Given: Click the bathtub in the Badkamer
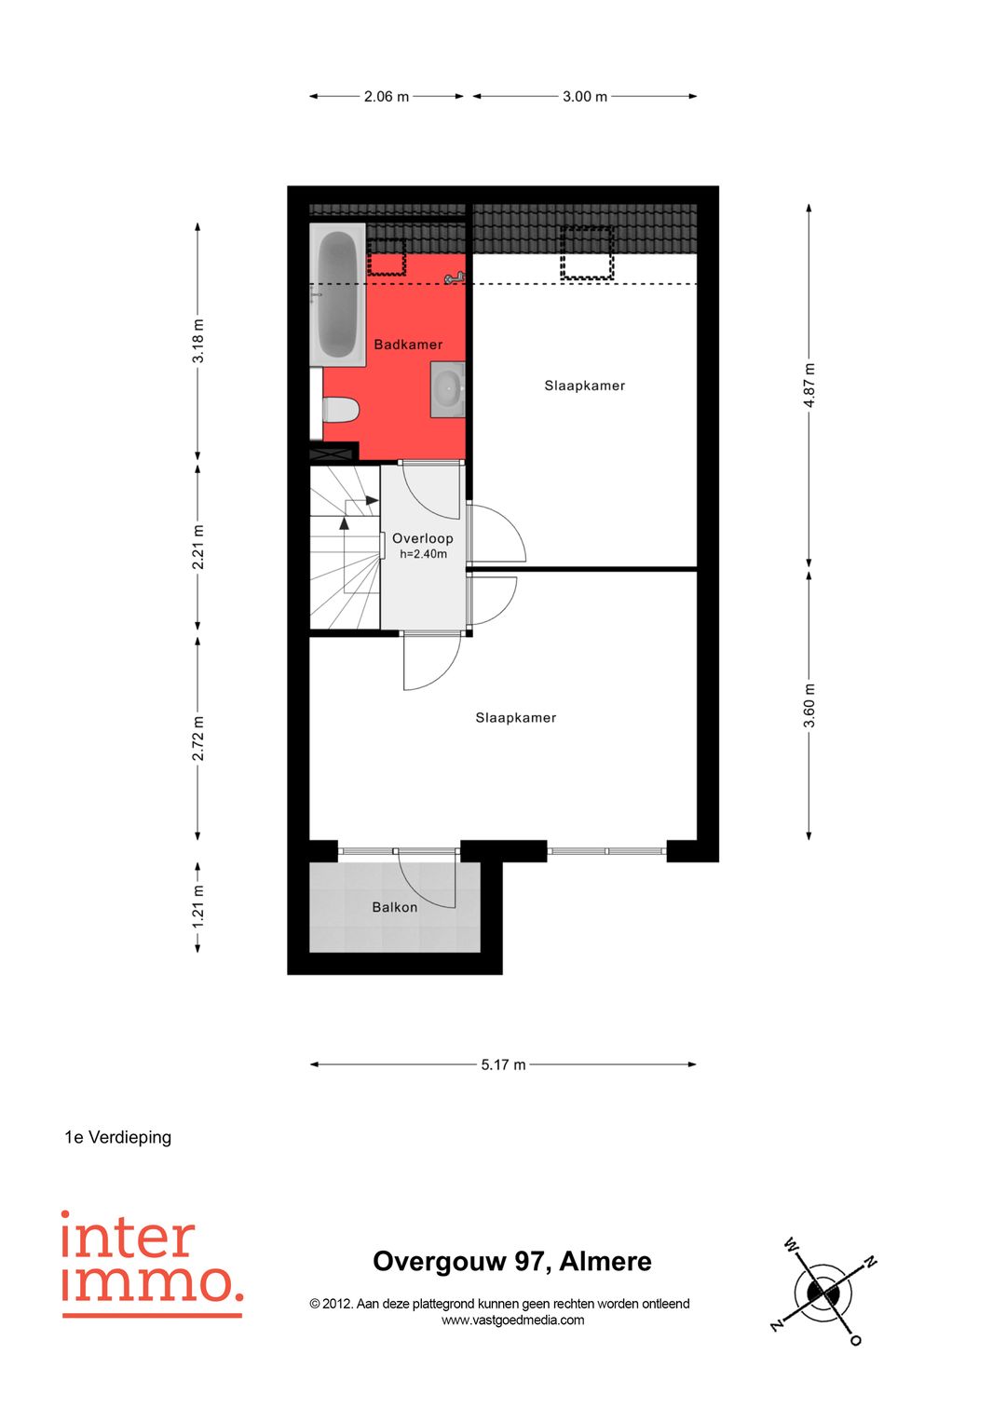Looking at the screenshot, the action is pos(337,294).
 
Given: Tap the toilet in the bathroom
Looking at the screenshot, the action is pos(341,410).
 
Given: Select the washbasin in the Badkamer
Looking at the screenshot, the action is pos(448,390).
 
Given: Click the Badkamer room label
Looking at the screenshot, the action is pos(408,345).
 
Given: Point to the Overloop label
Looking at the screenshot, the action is pos(422,538).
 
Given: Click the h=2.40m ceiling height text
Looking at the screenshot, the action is pos(423,554).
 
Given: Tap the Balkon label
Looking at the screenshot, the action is pos(394,908).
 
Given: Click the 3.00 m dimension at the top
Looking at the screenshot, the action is pos(584,97).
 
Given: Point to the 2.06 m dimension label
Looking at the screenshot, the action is pos(387,97).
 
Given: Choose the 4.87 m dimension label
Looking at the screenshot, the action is pos(809,386).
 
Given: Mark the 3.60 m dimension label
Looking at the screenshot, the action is pos(809,706).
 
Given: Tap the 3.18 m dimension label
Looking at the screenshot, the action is pos(198,341).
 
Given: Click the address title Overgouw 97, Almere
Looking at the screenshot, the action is pos(512,1262).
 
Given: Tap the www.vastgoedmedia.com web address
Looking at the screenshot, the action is pos(512,1320).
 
